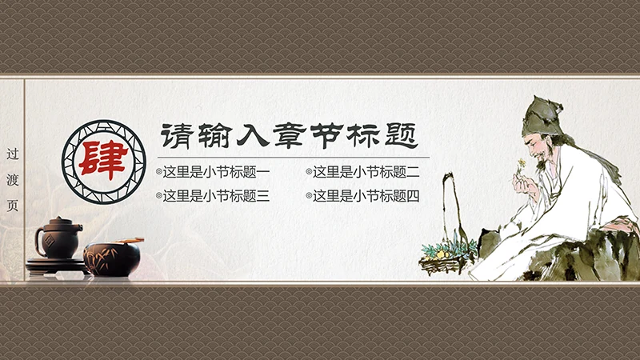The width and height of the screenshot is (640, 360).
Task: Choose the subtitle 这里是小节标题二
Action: pos(366,171)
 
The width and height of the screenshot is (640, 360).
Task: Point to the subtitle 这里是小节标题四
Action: pos(366,195)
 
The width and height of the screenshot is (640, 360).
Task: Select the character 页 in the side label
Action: pos(12,205)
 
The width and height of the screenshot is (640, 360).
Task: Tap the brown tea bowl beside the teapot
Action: pos(112,258)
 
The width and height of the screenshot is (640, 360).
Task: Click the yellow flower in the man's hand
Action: pos(522,164)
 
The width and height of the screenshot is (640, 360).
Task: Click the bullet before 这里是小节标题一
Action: pos(158,171)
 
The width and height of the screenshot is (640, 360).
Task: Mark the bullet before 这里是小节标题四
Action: pos(309,195)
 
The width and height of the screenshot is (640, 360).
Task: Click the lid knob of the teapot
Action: pos(57,219)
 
